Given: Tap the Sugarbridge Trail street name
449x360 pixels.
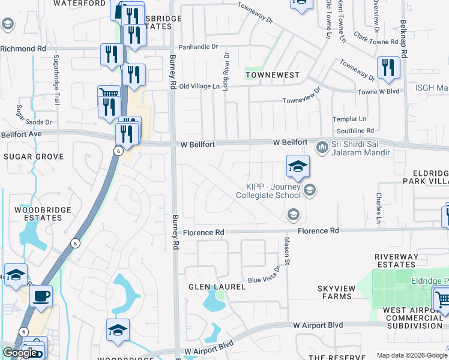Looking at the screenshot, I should pos(57,80).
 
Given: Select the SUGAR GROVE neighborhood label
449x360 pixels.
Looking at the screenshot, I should pos(34,157).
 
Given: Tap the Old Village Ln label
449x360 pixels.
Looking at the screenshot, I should pos(199,86).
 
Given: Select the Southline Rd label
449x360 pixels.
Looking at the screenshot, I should pos(355,130).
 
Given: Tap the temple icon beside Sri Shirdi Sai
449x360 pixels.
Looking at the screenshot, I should pos(322,145).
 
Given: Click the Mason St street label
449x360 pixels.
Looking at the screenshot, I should pos(287,251).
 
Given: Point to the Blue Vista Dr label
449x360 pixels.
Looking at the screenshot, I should pos(265,277).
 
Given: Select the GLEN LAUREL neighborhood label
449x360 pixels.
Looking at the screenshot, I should pos(217,287).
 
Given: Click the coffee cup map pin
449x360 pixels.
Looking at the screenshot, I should pos(41,296).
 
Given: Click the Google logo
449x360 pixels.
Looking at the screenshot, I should pos(20,353).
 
